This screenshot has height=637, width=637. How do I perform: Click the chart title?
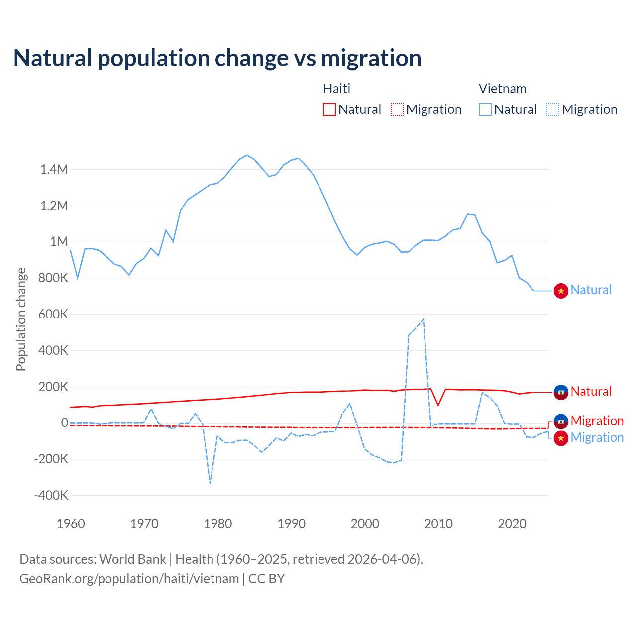(x=217, y=58)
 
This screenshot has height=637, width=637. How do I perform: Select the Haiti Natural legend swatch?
(x=329, y=109)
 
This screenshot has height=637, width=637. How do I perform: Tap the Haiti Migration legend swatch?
(x=397, y=109)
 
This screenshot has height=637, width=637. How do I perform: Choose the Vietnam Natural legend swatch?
(x=485, y=109)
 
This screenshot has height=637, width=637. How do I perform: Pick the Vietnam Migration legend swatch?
(x=553, y=109)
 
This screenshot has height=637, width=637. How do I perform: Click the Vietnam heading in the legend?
(x=502, y=89)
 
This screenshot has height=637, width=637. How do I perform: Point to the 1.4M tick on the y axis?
(x=54, y=170)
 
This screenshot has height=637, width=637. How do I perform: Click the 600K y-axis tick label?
(x=53, y=315)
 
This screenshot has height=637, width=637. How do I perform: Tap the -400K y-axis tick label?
(x=51, y=496)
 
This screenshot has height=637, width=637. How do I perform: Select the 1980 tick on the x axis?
(x=218, y=524)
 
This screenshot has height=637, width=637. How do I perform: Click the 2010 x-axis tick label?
(x=438, y=524)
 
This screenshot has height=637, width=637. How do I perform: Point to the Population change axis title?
(x=21, y=319)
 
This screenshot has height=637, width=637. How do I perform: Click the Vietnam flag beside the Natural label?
(x=561, y=291)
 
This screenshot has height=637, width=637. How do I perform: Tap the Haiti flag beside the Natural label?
(x=561, y=392)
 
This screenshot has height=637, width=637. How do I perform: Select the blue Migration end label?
(x=597, y=438)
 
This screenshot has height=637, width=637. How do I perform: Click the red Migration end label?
(x=597, y=421)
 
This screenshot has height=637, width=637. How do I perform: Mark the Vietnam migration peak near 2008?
(x=423, y=319)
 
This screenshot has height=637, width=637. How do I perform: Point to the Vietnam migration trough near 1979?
(x=210, y=483)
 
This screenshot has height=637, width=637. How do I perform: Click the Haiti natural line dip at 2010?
(x=438, y=405)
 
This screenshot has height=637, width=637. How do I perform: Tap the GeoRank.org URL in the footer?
(x=129, y=579)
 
